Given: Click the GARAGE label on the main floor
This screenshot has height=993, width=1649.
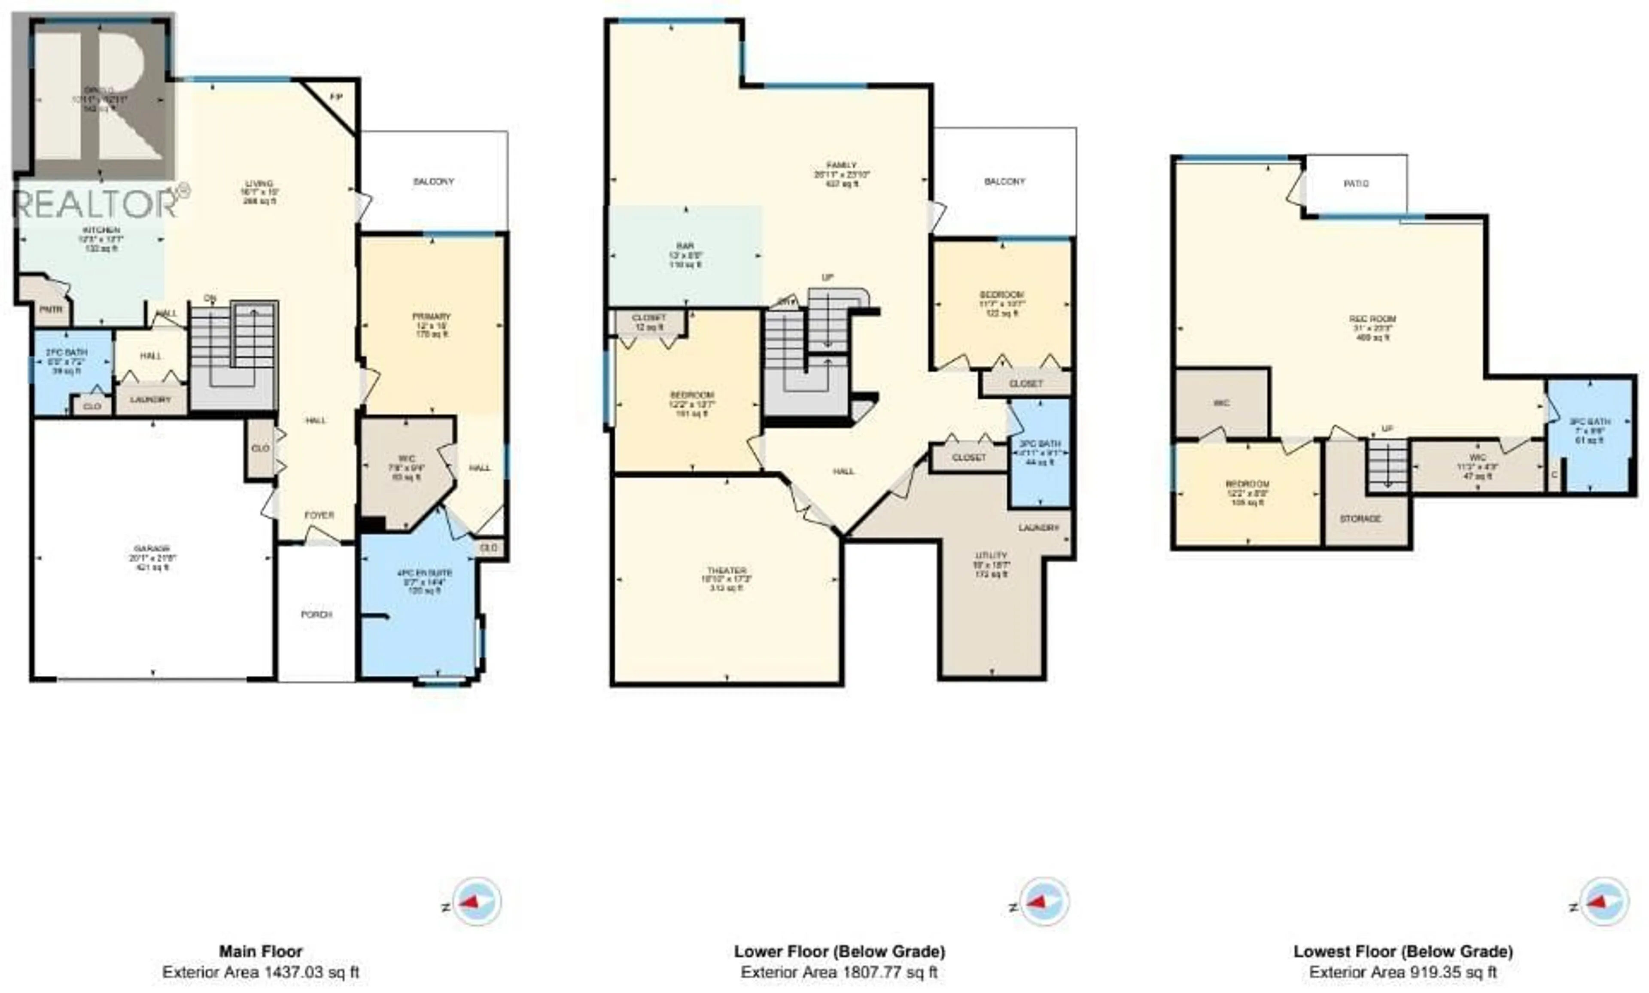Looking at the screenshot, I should coord(153,548).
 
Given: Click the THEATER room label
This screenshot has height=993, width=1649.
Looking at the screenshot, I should coord(726,571).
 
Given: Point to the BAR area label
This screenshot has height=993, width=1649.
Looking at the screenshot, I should coord(685,246).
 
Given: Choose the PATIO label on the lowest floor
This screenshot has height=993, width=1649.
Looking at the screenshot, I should coord(1357,184).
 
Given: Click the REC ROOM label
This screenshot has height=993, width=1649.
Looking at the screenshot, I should coord(1372,319).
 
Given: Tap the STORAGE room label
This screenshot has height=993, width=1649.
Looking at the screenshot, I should coord(1360,519).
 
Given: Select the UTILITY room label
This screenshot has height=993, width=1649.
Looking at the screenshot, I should coord(991,556).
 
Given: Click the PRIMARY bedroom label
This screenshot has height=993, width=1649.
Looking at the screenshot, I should coord(432,316).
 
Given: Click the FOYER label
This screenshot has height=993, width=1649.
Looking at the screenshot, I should coord(319,515).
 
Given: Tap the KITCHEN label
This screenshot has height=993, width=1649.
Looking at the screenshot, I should coord(101,230).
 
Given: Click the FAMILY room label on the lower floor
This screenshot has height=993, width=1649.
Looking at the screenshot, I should coord(841,165).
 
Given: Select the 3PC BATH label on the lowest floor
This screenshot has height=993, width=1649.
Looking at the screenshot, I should coord(1589,422).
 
